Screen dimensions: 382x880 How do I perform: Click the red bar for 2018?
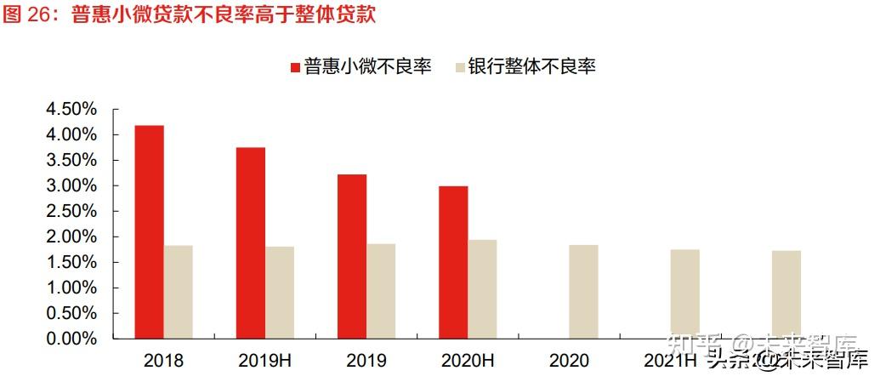(149, 231)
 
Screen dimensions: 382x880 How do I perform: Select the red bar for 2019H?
(251, 242)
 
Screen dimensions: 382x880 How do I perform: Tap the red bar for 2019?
(352, 256)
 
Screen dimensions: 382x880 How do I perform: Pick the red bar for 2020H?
(453, 262)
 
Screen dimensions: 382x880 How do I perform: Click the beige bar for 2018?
(179, 292)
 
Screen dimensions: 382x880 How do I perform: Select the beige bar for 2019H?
(280, 292)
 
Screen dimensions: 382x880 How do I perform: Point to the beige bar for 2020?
(583, 291)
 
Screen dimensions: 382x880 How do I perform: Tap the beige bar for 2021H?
(684, 294)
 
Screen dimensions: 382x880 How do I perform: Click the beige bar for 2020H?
(482, 289)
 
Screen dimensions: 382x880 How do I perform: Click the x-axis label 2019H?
(265, 361)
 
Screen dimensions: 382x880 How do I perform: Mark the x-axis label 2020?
(569, 361)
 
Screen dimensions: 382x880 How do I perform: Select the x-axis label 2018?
(163, 361)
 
